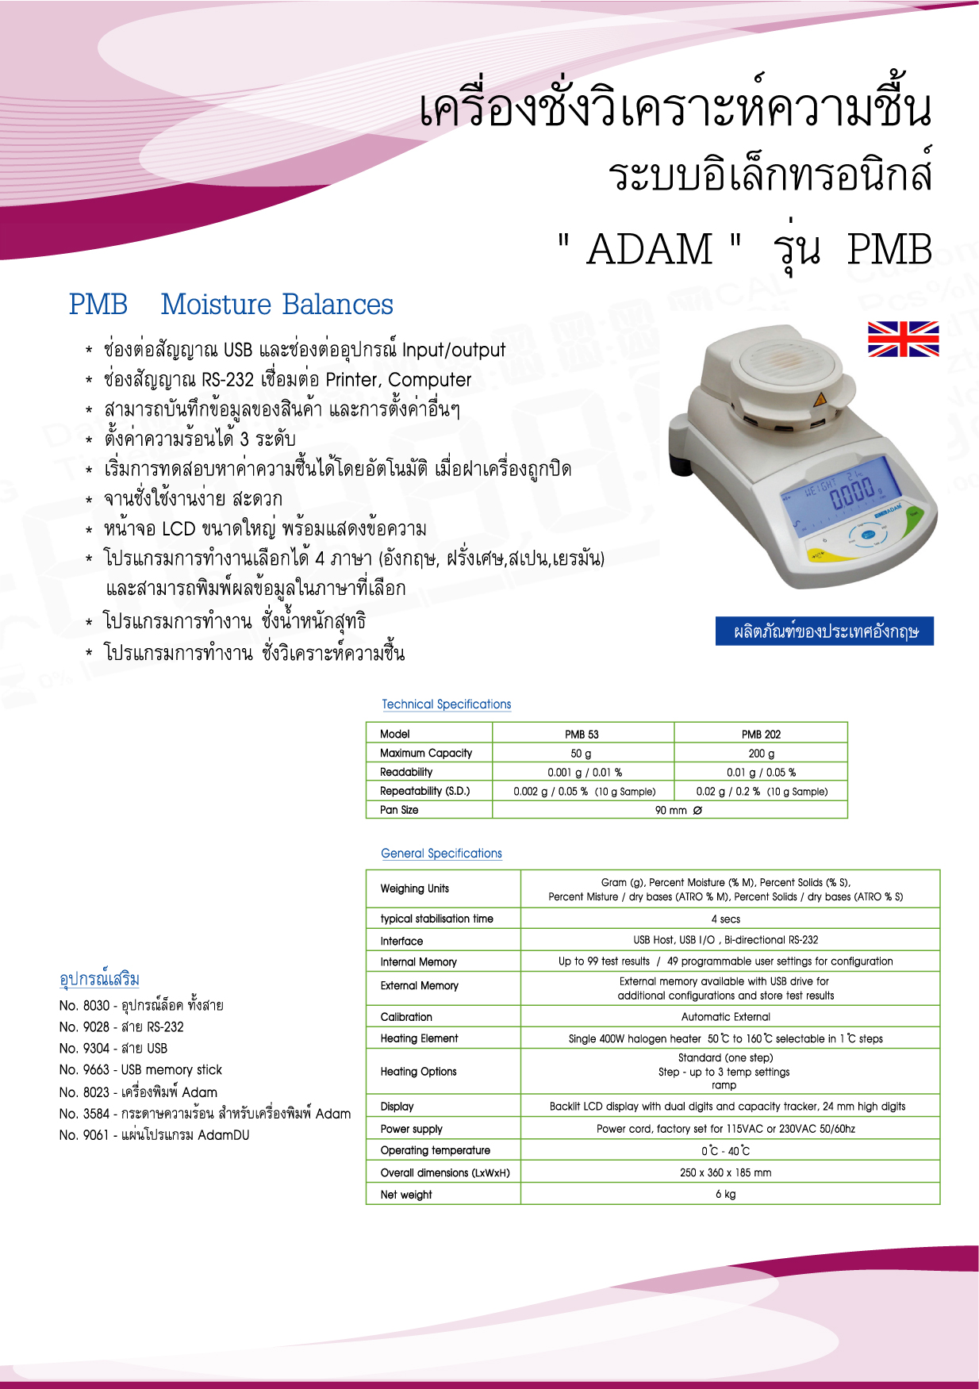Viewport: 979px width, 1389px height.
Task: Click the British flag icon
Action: click(903, 339)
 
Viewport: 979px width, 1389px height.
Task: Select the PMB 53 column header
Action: click(582, 734)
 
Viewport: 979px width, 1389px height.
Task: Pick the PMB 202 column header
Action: click(761, 734)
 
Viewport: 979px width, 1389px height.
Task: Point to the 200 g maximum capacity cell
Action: click(761, 753)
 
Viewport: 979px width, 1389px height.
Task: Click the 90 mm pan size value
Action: click(678, 810)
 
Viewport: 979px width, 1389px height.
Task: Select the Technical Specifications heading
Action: click(446, 704)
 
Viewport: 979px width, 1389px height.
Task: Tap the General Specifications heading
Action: click(441, 853)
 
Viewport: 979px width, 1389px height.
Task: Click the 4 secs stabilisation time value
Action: click(725, 919)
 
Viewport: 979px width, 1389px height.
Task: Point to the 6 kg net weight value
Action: click(725, 1194)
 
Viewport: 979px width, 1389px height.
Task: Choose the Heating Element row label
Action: click(419, 1038)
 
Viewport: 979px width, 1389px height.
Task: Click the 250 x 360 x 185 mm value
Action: click(725, 1172)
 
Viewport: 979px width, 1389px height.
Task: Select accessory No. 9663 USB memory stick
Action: click(140, 1069)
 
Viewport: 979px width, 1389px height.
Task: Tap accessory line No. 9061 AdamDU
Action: click(154, 1134)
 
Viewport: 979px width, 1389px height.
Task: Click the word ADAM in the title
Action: click(650, 249)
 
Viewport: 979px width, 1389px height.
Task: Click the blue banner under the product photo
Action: click(824, 631)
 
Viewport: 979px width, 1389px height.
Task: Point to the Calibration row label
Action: click(406, 1016)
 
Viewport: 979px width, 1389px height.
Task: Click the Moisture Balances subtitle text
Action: click(277, 305)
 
